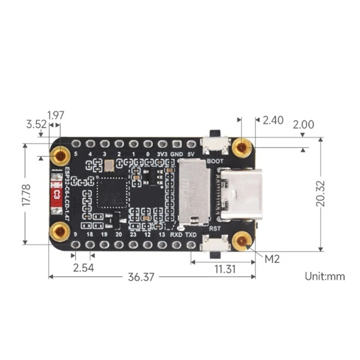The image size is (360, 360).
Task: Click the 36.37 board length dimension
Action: pyautogui.click(x=141, y=277)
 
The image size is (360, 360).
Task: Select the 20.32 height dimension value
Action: pyautogui.click(x=320, y=194)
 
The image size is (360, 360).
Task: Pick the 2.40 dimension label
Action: pyautogui.click(x=273, y=120)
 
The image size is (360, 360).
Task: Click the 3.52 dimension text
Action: pyautogui.click(x=36, y=125)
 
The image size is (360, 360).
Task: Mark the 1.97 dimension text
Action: pyautogui.click(x=56, y=115)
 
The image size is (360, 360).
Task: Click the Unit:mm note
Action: pyautogui.click(x=325, y=276)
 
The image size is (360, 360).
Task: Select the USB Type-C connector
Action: pyautogui.click(x=240, y=194)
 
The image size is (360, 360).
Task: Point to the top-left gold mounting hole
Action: pyautogui.click(x=60, y=156)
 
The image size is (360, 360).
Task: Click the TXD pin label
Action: pyautogui.click(x=191, y=235)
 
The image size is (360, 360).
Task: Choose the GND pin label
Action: pyautogui.click(x=176, y=153)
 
